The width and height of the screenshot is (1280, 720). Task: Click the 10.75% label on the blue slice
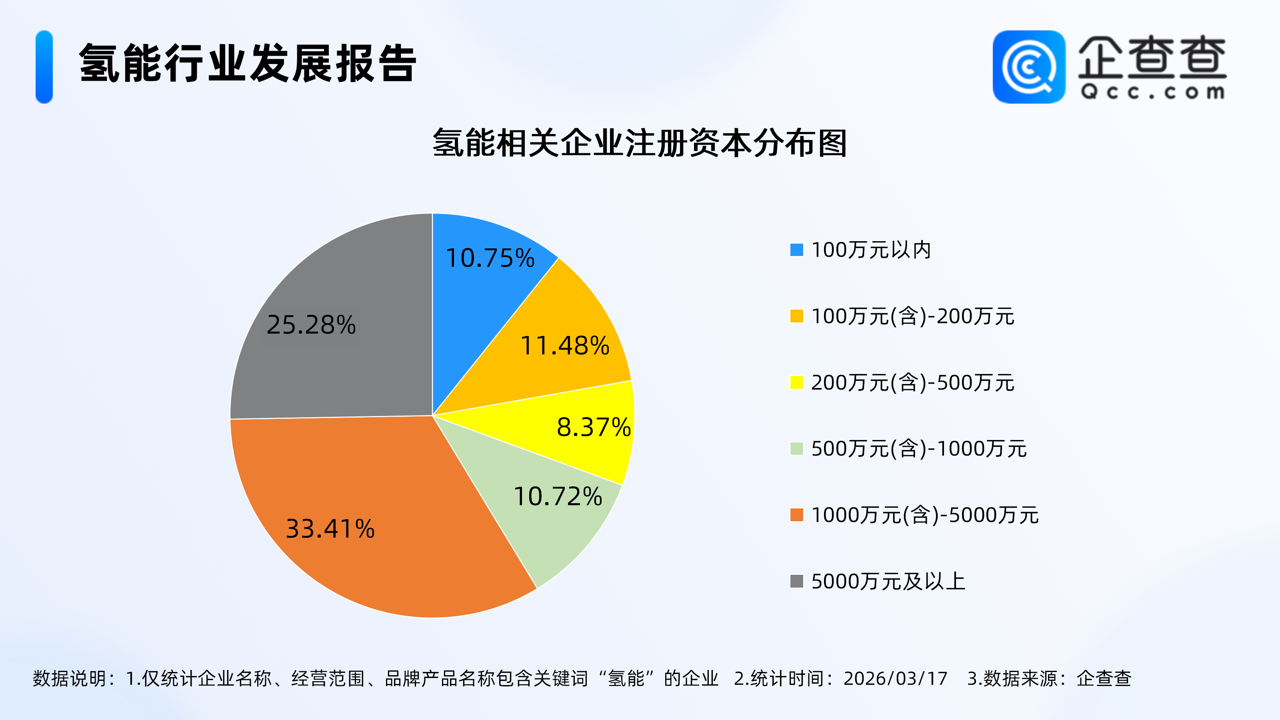[490, 258]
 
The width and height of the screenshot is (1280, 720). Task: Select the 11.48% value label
[564, 346]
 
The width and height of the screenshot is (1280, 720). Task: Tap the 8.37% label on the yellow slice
[594, 427]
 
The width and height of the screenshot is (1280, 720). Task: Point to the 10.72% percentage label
[558, 497]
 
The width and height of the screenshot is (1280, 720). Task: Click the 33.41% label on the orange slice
[330, 529]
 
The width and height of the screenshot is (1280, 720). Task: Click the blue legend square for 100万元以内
[796, 250]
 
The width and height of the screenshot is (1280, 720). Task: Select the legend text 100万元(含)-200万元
[912, 316]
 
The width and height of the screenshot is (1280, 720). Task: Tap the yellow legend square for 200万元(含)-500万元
[796, 383]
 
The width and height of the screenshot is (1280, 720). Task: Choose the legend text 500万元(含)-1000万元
[919, 449]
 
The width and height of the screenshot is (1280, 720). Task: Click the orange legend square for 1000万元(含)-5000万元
[796, 515]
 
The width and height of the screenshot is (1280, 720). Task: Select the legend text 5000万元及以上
[888, 581]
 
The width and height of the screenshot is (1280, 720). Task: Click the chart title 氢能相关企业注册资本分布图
[640, 143]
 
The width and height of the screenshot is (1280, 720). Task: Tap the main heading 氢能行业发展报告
[248, 63]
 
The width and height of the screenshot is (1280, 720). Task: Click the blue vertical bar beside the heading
[44, 67]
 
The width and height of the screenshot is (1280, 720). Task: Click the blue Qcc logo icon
[1028, 67]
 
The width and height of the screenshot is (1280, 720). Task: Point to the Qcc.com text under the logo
[1152, 92]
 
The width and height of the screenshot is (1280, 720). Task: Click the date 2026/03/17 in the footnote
[896, 679]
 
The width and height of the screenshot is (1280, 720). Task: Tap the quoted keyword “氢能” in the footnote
[626, 679]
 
